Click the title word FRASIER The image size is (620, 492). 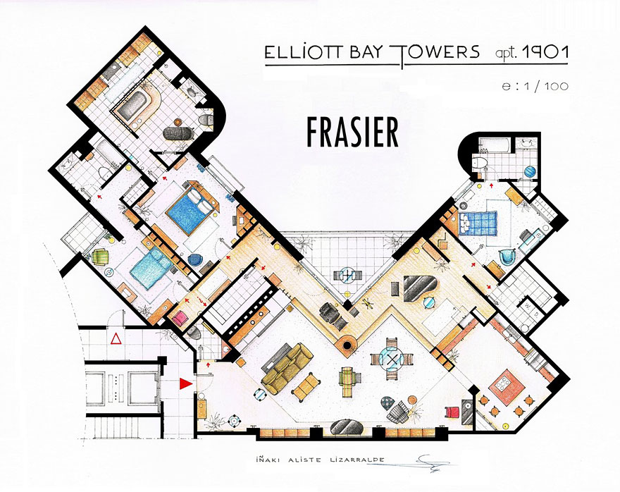[x=352, y=132]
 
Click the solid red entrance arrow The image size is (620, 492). [x=185, y=383]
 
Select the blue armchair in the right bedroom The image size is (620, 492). [x=505, y=257]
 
